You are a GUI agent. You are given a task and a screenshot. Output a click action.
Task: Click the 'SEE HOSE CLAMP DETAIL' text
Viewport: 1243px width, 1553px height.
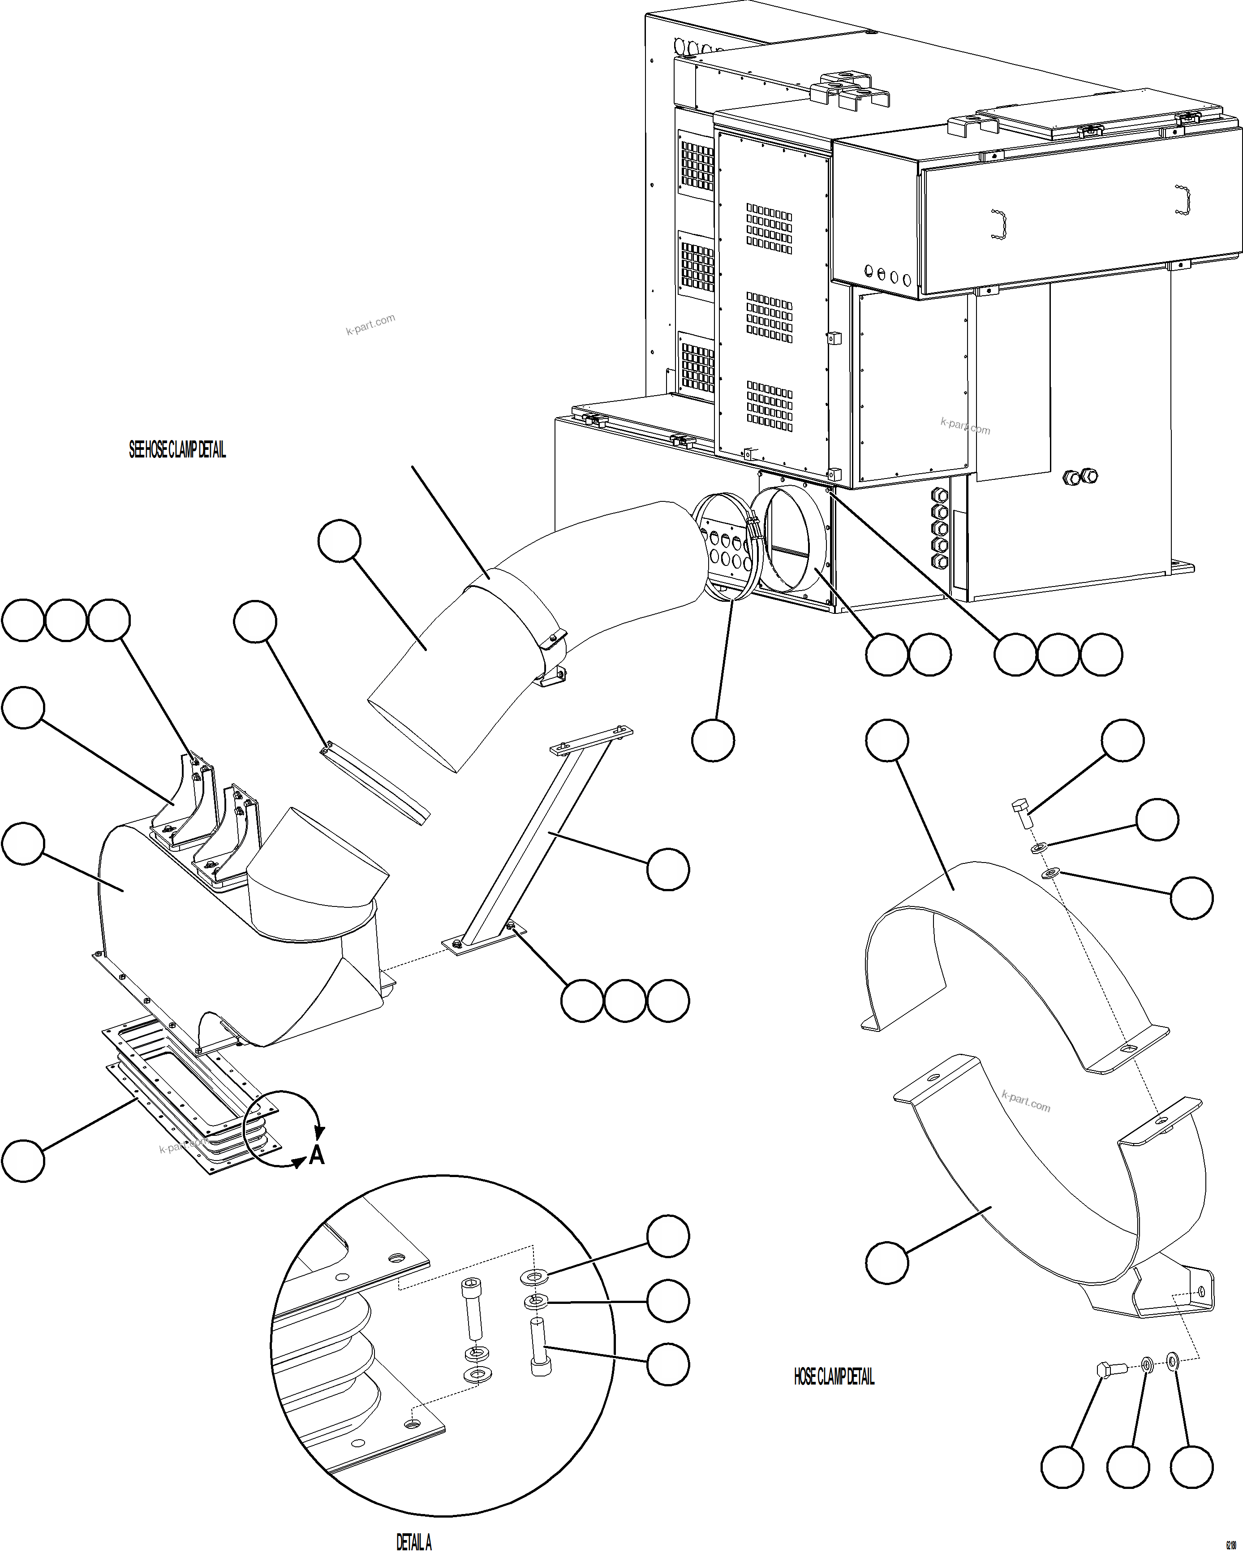(x=177, y=450)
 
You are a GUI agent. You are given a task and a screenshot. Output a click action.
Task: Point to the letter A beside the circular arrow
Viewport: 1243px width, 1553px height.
(x=317, y=1156)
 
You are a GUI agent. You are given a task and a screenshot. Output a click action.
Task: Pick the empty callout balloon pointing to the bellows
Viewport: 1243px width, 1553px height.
(x=23, y=1160)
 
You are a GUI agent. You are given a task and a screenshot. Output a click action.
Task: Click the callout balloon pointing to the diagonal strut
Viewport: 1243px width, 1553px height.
(x=667, y=869)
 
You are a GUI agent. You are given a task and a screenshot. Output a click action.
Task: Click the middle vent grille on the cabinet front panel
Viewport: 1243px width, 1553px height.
(x=769, y=317)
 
